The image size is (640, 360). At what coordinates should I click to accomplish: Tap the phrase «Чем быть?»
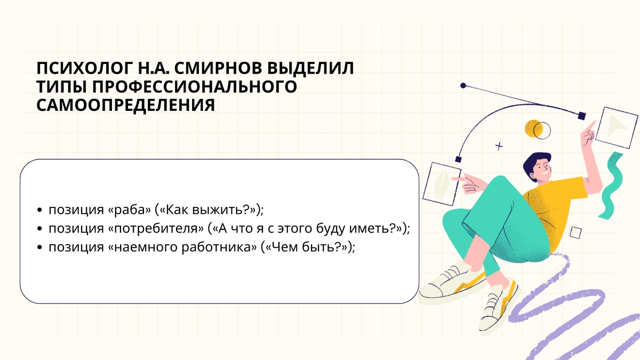click(306, 247)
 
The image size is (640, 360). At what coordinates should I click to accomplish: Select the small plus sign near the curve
click(499, 145)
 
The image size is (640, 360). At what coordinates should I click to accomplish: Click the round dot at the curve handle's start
click(463, 85)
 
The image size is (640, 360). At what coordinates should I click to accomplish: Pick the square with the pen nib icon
click(441, 181)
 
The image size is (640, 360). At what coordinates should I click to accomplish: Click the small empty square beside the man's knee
click(575, 232)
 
